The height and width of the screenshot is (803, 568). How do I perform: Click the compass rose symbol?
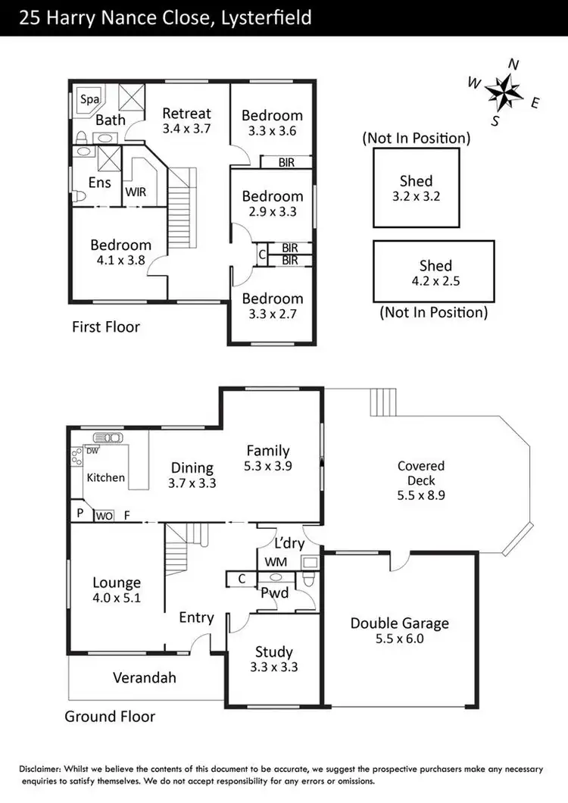tap(504, 92)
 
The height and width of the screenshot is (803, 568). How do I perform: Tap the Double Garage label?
tap(399, 623)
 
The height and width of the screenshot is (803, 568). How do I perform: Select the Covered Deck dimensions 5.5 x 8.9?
tap(421, 495)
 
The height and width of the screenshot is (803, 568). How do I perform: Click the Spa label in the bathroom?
tap(91, 99)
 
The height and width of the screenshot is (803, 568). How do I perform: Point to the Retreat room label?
tap(186, 114)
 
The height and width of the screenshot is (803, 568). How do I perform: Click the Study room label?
tap(273, 651)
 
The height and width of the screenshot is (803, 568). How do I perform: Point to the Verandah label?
tap(144, 677)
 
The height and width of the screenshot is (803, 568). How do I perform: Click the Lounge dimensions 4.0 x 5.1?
tap(117, 598)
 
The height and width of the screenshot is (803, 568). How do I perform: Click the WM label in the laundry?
tap(272, 562)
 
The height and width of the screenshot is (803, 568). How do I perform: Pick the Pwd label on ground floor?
tap(274, 593)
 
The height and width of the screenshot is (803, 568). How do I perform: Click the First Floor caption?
tap(106, 327)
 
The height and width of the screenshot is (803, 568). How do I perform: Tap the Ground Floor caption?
tap(110, 716)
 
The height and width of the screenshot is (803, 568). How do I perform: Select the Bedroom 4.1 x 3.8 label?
tap(120, 252)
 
